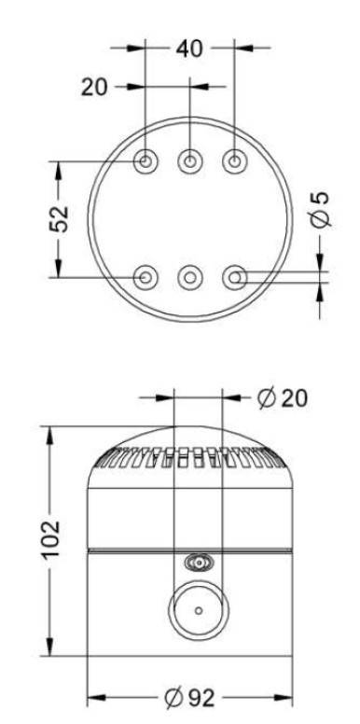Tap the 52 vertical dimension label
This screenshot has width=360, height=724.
pyautogui.click(x=59, y=218)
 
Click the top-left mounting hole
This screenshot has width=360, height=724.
pyautogui.click(x=146, y=161)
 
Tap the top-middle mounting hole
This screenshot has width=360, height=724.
pyautogui.click(x=190, y=161)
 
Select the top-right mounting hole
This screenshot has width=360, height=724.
pyautogui.click(x=234, y=161)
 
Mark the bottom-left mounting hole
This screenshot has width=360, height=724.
pyautogui.click(x=146, y=276)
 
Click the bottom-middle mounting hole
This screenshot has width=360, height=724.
pyautogui.click(x=190, y=276)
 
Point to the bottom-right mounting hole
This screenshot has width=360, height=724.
pyautogui.click(x=234, y=276)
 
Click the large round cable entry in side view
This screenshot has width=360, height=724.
pyautogui.click(x=197, y=610)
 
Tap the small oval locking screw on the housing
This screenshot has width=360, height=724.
pyautogui.click(x=197, y=563)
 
